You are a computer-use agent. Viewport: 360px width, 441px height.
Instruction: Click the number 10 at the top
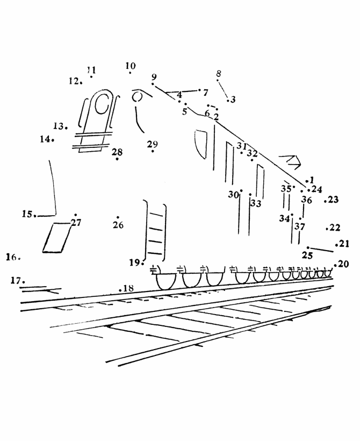click(131, 66)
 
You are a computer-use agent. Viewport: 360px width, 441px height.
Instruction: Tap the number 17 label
click(16, 280)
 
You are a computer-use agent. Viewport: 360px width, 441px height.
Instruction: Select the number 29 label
click(152, 144)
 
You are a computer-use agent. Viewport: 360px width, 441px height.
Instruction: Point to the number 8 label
click(219, 73)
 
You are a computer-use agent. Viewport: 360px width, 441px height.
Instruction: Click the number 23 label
click(333, 200)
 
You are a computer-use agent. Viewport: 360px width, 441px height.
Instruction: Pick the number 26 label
click(118, 225)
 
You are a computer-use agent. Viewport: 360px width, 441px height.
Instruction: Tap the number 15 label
click(27, 214)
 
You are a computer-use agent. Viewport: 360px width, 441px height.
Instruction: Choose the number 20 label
click(343, 264)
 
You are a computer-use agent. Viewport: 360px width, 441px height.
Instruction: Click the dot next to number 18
click(120, 289)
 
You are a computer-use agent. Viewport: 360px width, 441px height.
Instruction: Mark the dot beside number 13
click(66, 128)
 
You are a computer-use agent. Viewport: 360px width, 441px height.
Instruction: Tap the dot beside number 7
click(199, 90)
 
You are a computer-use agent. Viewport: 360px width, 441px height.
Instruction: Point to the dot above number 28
click(117, 159)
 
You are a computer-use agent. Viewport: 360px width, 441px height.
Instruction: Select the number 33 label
click(256, 203)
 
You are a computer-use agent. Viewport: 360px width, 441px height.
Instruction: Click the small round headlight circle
click(138, 97)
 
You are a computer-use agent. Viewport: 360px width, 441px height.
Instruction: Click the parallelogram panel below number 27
click(57, 238)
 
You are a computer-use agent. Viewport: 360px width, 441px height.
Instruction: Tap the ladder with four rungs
click(155, 231)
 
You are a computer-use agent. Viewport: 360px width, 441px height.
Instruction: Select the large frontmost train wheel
click(166, 281)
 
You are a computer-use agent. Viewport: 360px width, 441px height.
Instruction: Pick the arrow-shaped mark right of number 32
click(290, 162)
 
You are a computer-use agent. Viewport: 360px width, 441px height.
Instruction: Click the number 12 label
click(74, 81)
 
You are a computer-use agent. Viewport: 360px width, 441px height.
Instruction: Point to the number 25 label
click(307, 255)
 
